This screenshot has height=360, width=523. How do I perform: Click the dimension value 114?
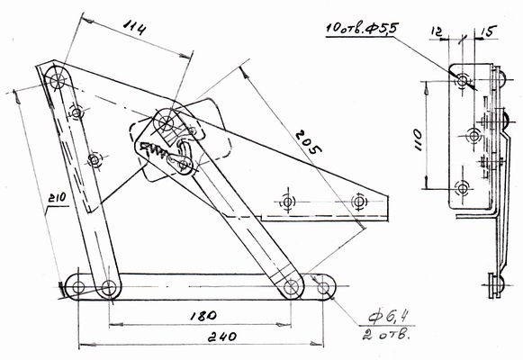click(134, 27)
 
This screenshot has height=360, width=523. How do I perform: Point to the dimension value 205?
click(308, 141)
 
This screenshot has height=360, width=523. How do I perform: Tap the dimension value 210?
click(57, 198)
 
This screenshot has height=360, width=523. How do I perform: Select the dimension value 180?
click(203, 316)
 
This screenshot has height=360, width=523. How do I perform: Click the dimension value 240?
click(222, 337)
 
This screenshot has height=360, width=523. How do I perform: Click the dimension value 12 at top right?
click(437, 31)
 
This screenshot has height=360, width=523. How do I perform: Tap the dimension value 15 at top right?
click(489, 31)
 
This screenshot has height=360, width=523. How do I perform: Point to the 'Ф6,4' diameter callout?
click(389, 317)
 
